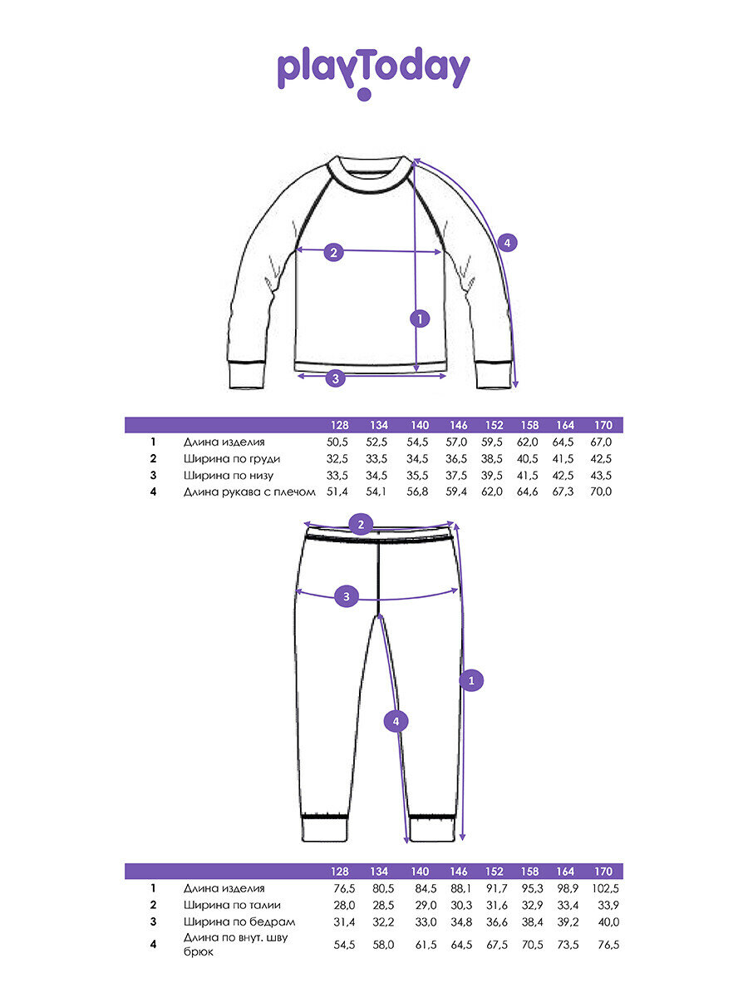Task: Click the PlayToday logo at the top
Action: [x=373, y=73]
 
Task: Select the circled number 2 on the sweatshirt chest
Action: [x=333, y=252]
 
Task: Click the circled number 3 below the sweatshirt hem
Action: [x=335, y=378]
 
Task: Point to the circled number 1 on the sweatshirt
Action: [x=421, y=318]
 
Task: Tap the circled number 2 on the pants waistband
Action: [x=361, y=525]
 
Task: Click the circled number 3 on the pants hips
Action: [x=347, y=596]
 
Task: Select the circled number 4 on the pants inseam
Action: [x=396, y=722]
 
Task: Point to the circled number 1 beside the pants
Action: [x=471, y=680]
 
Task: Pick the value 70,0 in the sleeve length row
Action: [x=600, y=492]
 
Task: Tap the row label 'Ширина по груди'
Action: [x=232, y=459]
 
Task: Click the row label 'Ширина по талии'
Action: [x=232, y=905]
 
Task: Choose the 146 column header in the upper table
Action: [x=459, y=426]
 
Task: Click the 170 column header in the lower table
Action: [x=603, y=872]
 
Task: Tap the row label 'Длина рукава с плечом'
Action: [x=249, y=492]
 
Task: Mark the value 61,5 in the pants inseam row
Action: [x=421, y=945]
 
